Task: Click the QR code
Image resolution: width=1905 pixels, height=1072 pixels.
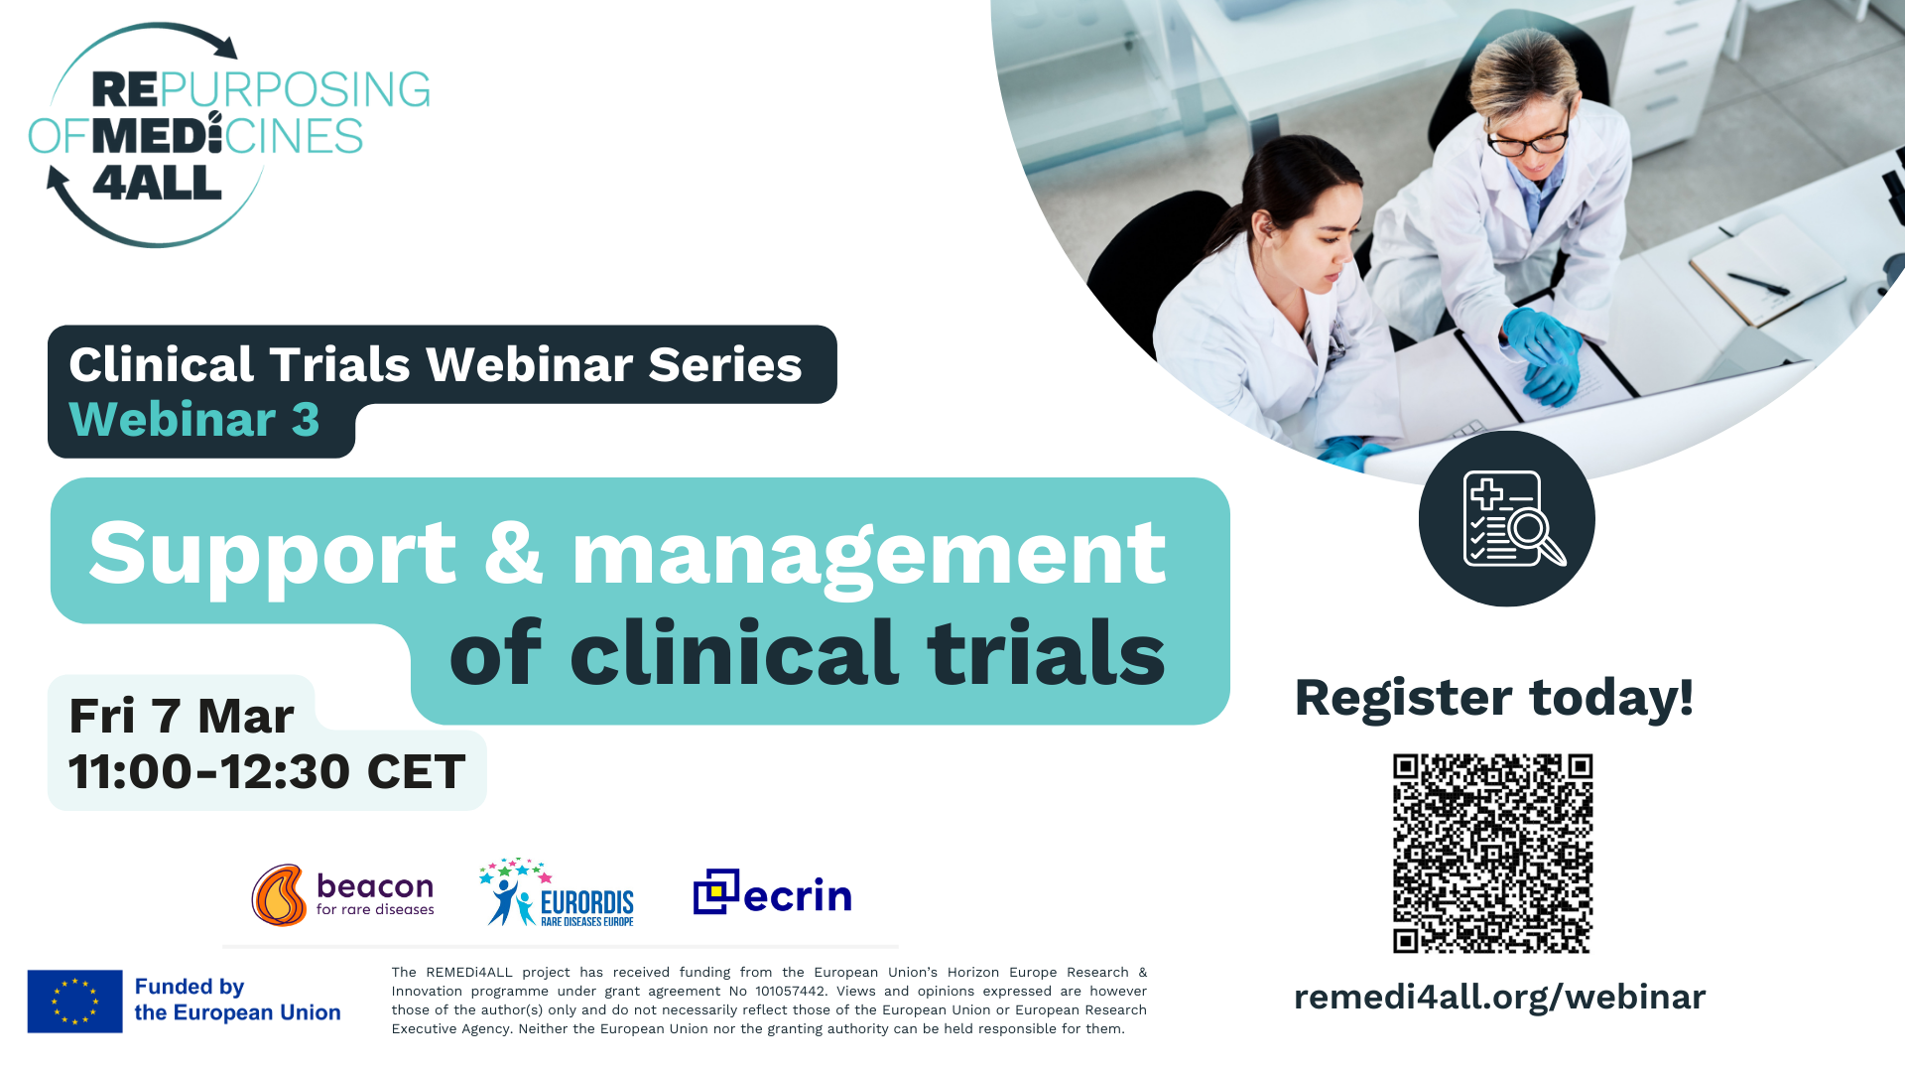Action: pyautogui.click(x=1492, y=854)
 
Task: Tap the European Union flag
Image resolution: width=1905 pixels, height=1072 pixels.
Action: pyautogui.click(x=75, y=1001)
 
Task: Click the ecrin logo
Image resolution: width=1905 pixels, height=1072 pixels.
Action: pyautogui.click(x=772, y=892)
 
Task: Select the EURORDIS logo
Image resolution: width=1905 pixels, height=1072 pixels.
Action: pyautogui.click(x=557, y=892)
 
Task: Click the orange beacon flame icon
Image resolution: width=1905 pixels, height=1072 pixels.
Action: pyautogui.click(x=279, y=894)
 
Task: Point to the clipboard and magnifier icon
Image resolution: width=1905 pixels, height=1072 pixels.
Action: pyautogui.click(x=1507, y=518)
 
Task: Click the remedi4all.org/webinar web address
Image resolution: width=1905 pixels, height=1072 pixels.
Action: pyautogui.click(x=1499, y=997)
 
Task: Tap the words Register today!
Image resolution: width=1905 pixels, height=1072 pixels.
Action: pyautogui.click(x=1493, y=697)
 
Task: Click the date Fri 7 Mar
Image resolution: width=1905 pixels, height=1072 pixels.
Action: pyautogui.click(x=182, y=716)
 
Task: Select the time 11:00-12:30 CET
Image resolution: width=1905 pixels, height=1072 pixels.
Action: pyautogui.click(x=267, y=771)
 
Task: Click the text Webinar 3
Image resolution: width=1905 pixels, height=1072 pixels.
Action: pyautogui.click(x=194, y=419)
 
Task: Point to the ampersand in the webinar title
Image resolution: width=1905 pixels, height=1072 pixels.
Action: pyautogui.click(x=514, y=552)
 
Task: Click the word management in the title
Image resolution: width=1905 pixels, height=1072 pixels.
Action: pyautogui.click(x=869, y=559)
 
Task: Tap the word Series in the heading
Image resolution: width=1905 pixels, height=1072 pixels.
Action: pyautogui.click(x=725, y=364)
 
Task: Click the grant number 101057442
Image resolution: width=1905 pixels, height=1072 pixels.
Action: pyautogui.click(x=790, y=991)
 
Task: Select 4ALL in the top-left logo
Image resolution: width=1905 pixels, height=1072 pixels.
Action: pyautogui.click(x=157, y=183)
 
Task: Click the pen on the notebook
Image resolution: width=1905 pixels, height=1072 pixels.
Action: pyautogui.click(x=1758, y=283)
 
